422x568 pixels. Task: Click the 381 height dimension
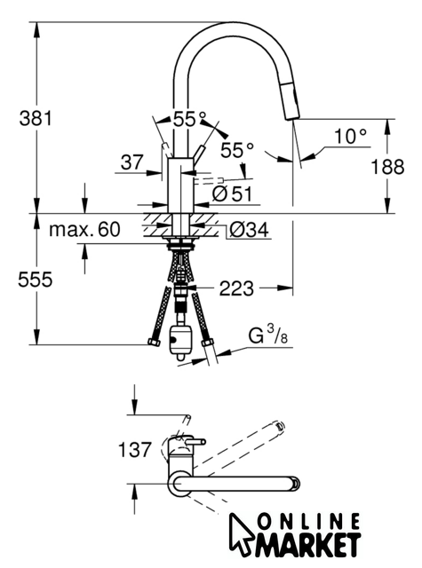(36, 118)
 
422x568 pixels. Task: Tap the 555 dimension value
(36, 280)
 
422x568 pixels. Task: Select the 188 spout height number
(387, 167)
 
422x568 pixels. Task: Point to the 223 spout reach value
(236, 288)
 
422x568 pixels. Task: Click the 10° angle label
(350, 137)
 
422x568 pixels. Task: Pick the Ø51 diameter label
(232, 193)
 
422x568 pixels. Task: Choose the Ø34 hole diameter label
(249, 229)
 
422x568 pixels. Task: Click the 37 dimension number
(132, 162)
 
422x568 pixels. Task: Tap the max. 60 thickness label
(84, 229)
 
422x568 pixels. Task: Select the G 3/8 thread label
(268, 335)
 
